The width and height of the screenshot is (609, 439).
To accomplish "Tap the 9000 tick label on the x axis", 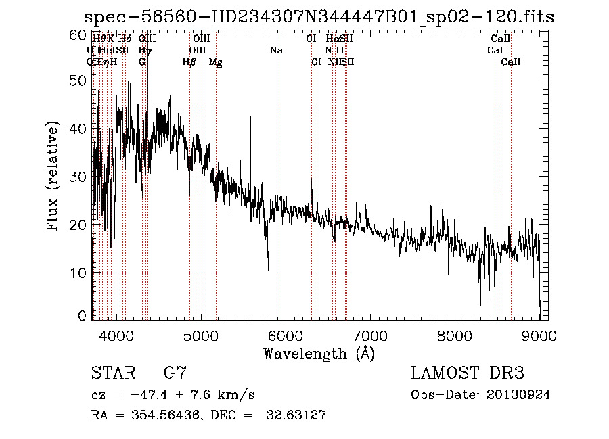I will pyautogui.click(x=539, y=336).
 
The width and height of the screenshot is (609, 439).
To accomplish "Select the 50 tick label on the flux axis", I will pyautogui.click(x=80, y=80).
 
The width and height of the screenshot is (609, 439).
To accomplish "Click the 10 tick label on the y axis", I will pyautogui.click(x=80, y=272).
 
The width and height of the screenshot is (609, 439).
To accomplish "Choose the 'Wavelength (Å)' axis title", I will pyautogui.click(x=318, y=353).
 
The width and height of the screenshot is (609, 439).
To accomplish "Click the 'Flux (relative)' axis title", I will pyautogui.click(x=53, y=176).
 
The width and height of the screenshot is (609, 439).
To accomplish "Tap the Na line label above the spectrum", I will pyautogui.click(x=276, y=51).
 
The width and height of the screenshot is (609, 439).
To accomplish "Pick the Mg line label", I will pyautogui.click(x=215, y=62).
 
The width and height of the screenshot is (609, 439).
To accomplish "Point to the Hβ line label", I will pyautogui.click(x=189, y=62).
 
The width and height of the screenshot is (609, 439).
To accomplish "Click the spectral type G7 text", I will pyautogui.click(x=175, y=373).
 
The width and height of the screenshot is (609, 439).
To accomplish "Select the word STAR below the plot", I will pyautogui.click(x=112, y=373).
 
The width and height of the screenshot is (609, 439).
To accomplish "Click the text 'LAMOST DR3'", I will pyautogui.click(x=467, y=373).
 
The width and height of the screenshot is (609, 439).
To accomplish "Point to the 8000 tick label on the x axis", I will pyautogui.click(x=455, y=336).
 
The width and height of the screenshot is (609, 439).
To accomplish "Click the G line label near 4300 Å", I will pyautogui.click(x=142, y=62).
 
